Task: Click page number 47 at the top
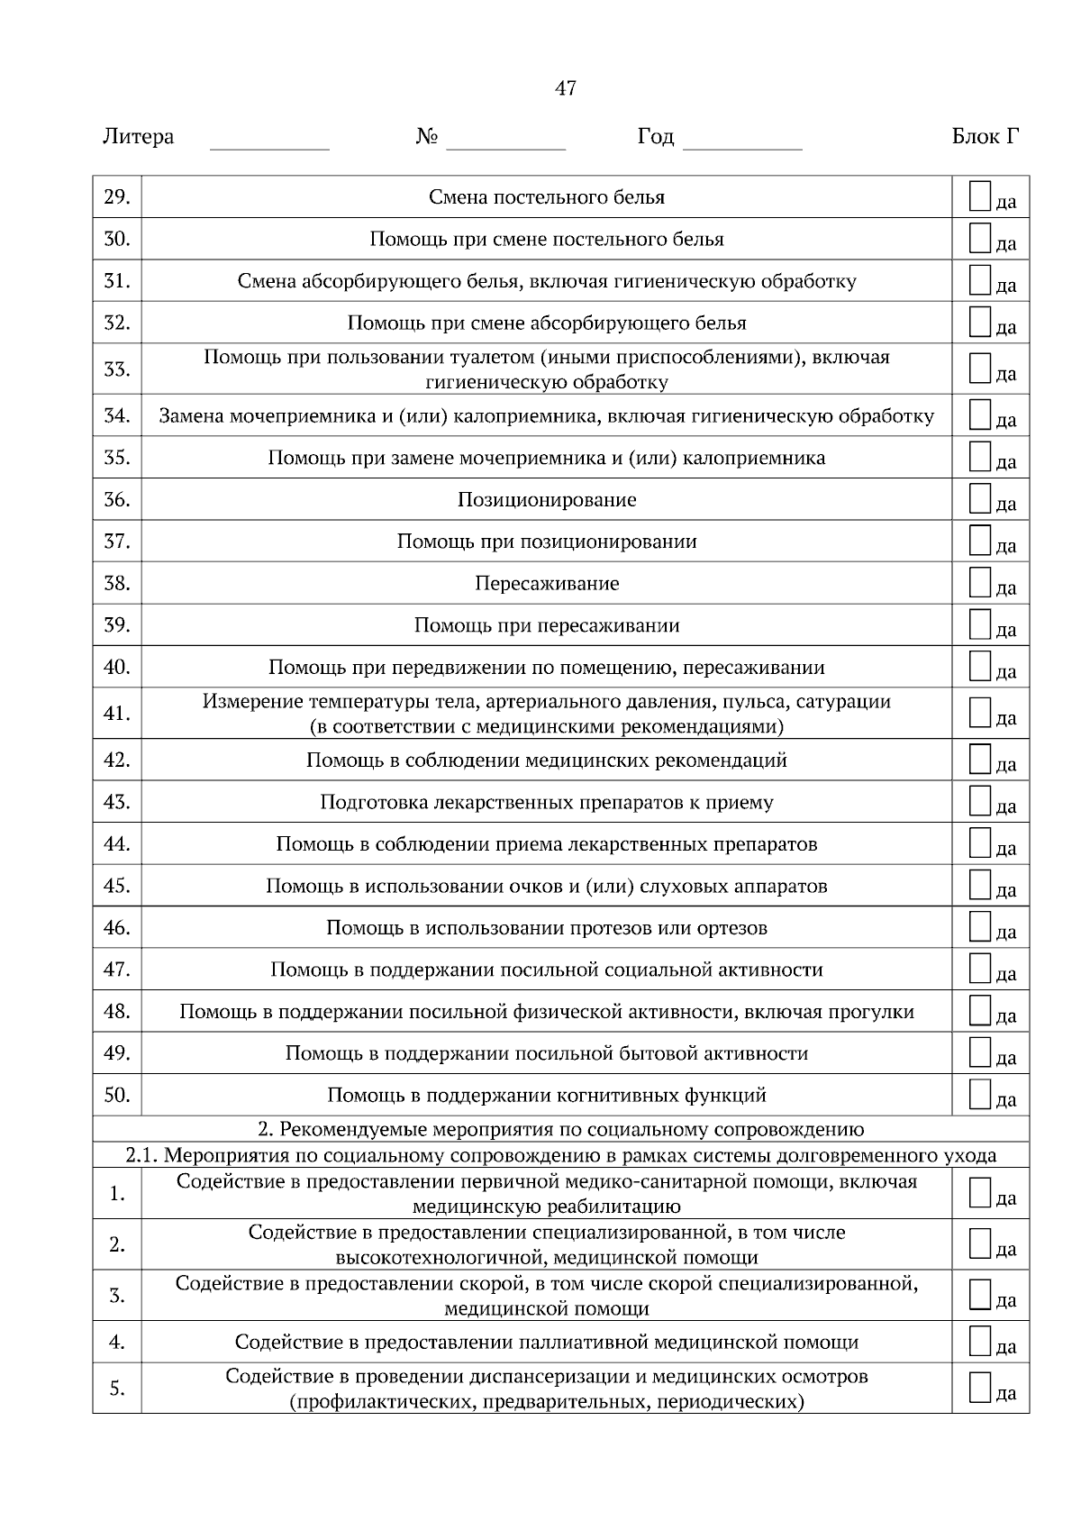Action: pos(566,88)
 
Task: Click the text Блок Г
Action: pos(986,137)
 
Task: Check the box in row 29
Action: pos(980,196)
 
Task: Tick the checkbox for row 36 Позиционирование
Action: pos(980,499)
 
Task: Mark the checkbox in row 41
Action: pos(980,713)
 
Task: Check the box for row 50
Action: pos(980,1095)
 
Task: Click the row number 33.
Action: pos(117,369)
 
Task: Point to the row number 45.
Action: pos(117,886)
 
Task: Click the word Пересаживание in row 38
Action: pos(547,584)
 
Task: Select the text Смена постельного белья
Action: pos(547,197)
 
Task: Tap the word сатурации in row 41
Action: pos(845,701)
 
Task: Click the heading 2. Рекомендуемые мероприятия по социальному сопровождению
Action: pos(560,1130)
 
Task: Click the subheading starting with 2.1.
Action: pos(560,1155)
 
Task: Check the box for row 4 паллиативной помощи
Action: pos(980,1342)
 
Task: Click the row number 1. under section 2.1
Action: pos(117,1194)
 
